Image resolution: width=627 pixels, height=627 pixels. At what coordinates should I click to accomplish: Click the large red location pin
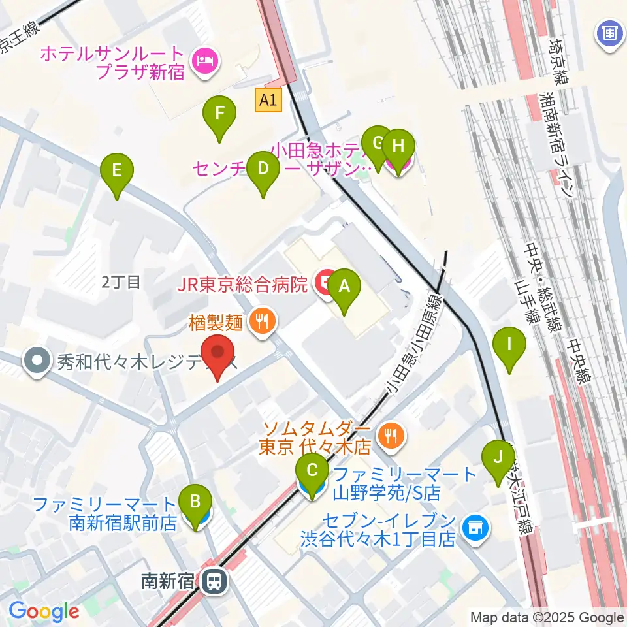click(x=218, y=357)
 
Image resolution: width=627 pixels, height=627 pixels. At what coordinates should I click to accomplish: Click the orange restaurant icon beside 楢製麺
click(x=263, y=321)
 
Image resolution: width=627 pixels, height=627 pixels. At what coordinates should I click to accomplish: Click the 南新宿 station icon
click(x=213, y=580)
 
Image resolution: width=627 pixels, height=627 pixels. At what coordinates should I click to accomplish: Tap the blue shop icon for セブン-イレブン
click(x=475, y=528)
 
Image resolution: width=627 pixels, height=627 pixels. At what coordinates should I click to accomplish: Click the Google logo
click(x=44, y=612)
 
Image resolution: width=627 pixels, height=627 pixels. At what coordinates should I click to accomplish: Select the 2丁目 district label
click(x=121, y=282)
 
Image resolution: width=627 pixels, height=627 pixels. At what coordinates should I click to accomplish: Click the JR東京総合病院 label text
click(x=241, y=284)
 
